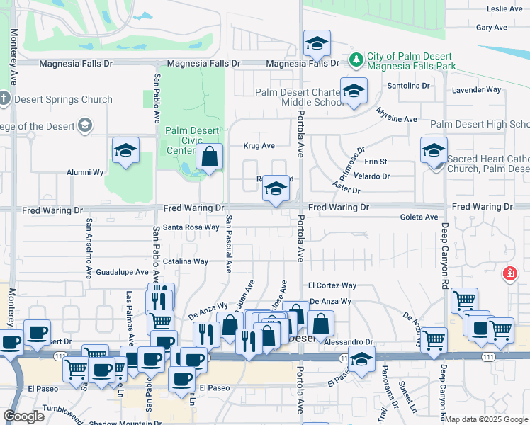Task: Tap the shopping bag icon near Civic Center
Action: point(210,158)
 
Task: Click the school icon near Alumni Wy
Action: point(125,151)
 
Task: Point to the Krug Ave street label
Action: point(259,146)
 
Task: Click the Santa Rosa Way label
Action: point(191,227)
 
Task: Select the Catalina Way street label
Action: point(186,261)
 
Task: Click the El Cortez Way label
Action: point(332,285)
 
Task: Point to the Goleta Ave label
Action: point(419,217)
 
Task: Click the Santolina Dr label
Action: point(408,86)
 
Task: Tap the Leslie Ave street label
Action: point(505,9)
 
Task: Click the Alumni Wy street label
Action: point(85,172)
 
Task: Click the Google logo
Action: point(23,416)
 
